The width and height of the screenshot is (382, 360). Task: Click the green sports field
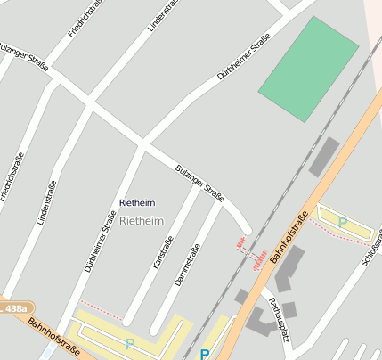pyautogui.click(x=308, y=68)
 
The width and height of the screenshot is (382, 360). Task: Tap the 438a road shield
pyautogui.click(x=14, y=307)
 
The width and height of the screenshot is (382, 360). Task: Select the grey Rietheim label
pyautogui.click(x=142, y=220)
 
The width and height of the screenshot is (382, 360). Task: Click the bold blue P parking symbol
pyautogui.click(x=205, y=354)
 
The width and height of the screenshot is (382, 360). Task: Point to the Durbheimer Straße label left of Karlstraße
pyautogui.click(x=101, y=241)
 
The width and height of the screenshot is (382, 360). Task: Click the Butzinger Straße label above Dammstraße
pyautogui.click(x=199, y=182)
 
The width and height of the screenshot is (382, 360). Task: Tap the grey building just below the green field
pyautogui.click(x=324, y=157)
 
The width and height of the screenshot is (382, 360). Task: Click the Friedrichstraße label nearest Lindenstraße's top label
pyautogui.click(x=82, y=20)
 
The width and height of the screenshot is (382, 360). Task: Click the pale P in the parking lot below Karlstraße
pyautogui.click(x=129, y=342)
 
